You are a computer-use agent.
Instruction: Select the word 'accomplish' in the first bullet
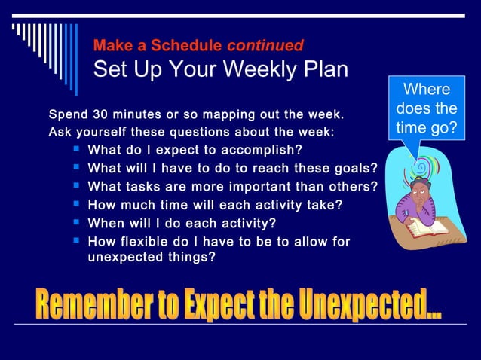[x=261, y=149]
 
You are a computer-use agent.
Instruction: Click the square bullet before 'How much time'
[x=76, y=203]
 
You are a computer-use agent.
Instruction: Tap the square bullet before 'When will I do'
[x=76, y=222]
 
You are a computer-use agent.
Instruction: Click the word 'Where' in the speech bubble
[x=427, y=90]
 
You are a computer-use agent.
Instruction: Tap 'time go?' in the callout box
[x=427, y=128]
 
